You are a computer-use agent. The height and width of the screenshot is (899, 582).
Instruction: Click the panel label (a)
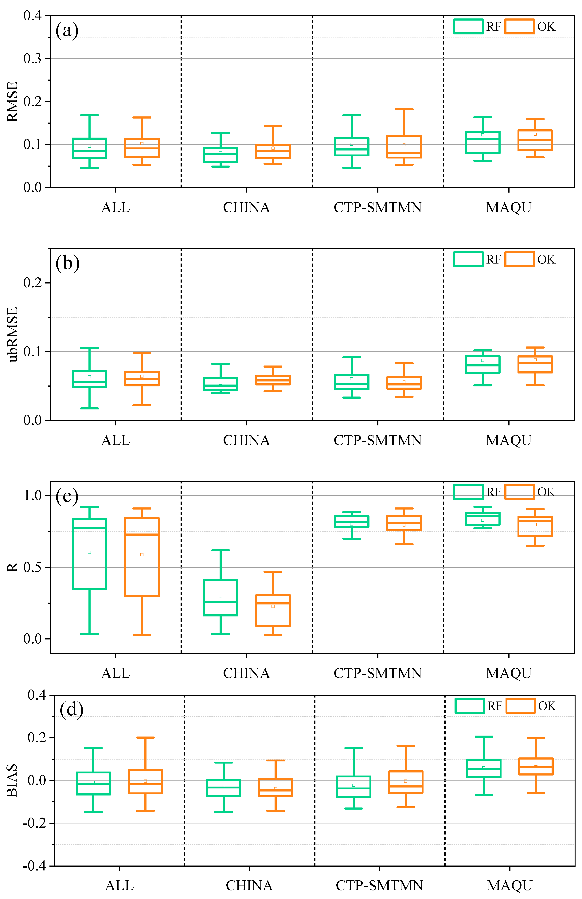pyautogui.click(x=67, y=30)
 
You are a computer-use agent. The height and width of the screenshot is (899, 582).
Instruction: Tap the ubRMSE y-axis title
pyautogui.click(x=13, y=334)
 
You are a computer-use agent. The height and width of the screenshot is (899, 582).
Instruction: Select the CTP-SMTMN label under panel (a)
pyautogui.click(x=377, y=207)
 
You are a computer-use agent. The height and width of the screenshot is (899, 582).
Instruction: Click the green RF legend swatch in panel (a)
pyautogui.click(x=468, y=26)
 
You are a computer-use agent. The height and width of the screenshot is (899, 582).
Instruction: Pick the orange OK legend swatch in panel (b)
pyautogui.click(x=519, y=259)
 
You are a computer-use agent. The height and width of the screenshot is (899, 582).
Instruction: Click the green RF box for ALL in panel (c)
pyautogui.click(x=89, y=554)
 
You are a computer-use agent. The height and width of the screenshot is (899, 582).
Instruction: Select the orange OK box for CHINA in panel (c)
pyautogui.click(x=273, y=610)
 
